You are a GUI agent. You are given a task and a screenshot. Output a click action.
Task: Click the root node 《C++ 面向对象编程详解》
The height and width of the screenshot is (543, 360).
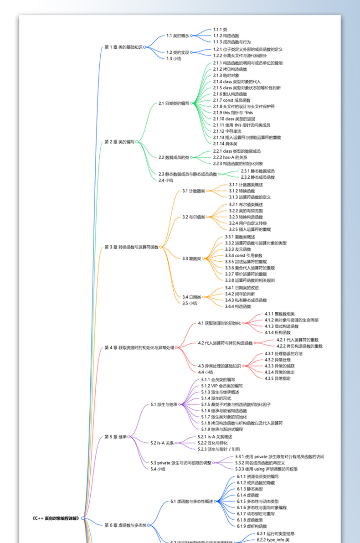point(58,518)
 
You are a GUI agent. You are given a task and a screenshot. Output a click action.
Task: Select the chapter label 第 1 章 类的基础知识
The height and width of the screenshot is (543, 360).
point(123,47)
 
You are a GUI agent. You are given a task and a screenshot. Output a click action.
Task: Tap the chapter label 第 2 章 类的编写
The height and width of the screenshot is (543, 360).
point(119,142)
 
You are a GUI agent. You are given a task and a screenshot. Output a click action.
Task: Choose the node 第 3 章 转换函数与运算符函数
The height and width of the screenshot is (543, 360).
point(131,247)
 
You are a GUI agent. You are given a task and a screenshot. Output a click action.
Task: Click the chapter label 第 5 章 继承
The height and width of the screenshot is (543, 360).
point(115,437)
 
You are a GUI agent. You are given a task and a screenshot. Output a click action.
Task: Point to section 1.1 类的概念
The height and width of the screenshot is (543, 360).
point(177,36)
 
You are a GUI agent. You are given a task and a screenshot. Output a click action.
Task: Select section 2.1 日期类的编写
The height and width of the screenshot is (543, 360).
point(174,103)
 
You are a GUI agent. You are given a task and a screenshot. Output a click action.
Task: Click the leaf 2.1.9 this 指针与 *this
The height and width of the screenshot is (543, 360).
point(232,113)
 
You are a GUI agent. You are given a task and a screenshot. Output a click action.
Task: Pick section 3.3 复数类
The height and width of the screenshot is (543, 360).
point(191,259)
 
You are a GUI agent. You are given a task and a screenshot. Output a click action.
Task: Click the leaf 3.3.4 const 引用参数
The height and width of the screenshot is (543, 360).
point(243,256)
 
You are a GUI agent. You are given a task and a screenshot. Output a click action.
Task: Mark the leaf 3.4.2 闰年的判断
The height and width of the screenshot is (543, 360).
point(240,294)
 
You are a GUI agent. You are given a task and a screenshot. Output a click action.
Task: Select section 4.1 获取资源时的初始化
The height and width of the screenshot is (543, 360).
point(219,323)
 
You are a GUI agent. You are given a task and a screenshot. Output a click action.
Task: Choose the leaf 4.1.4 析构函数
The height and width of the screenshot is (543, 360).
point(278,332)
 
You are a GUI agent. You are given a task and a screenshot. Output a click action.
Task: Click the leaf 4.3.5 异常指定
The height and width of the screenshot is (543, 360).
point(278,378)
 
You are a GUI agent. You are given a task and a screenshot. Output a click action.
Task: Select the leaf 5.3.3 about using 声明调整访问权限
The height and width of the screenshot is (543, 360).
point(266,469)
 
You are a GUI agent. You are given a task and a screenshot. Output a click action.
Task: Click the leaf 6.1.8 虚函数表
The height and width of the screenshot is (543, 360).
point(248,520)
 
